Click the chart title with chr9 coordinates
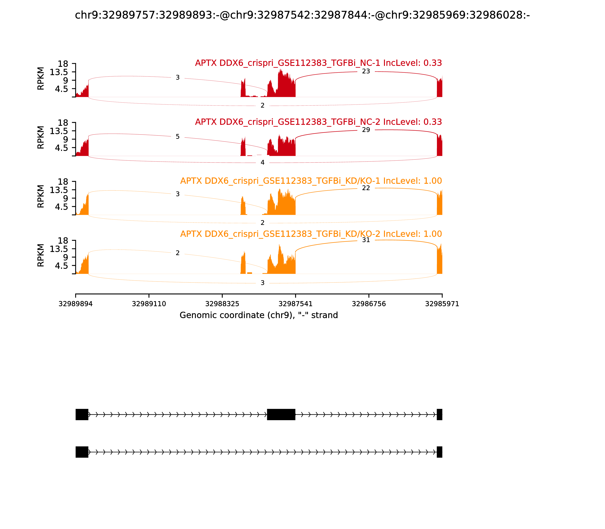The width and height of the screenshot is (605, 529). (302, 15)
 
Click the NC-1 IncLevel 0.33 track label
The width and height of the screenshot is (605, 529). (318, 63)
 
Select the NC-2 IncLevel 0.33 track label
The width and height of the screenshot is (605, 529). (318, 122)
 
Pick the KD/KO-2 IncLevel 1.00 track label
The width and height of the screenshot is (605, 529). (311, 234)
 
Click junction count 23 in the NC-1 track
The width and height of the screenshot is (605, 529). (366, 71)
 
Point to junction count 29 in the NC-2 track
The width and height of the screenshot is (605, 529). (366, 130)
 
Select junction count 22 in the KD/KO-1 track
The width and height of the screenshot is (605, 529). (366, 188)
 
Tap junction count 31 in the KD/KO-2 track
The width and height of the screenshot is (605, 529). (366, 240)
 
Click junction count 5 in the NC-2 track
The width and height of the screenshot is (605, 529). (178, 137)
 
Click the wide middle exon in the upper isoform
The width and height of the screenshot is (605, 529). (281, 415)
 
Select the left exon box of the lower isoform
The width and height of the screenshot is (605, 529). (82, 452)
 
